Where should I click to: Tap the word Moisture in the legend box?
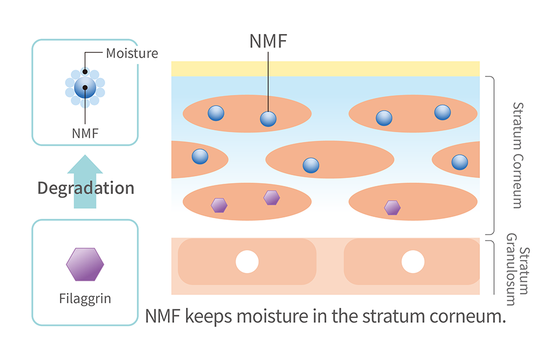pyautogui.click(x=132, y=54)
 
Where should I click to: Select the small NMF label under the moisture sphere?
pyautogui.click(x=85, y=134)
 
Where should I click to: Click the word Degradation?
pyautogui.click(x=86, y=188)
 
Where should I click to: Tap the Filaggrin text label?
pyautogui.click(x=85, y=298)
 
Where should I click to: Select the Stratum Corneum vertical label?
pyautogui.click(x=517, y=155)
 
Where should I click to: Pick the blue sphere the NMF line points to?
pyautogui.click(x=268, y=119)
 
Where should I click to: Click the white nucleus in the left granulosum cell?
pyautogui.click(x=247, y=262)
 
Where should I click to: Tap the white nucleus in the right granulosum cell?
pyautogui.click(x=413, y=262)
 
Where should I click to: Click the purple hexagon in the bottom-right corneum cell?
pyautogui.click(x=392, y=208)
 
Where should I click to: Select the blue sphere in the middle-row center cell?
pyautogui.click(x=311, y=165)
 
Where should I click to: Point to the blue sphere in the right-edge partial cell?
pyautogui.click(x=460, y=163)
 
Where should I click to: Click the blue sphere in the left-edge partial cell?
pyautogui.click(x=200, y=156)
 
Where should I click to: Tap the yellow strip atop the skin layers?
pyautogui.click(x=325, y=68)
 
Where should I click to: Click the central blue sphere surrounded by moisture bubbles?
pyautogui.click(x=85, y=88)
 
